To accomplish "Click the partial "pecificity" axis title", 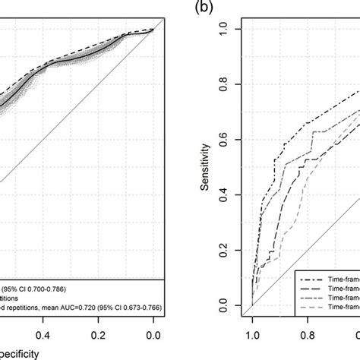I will pos(27,353).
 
